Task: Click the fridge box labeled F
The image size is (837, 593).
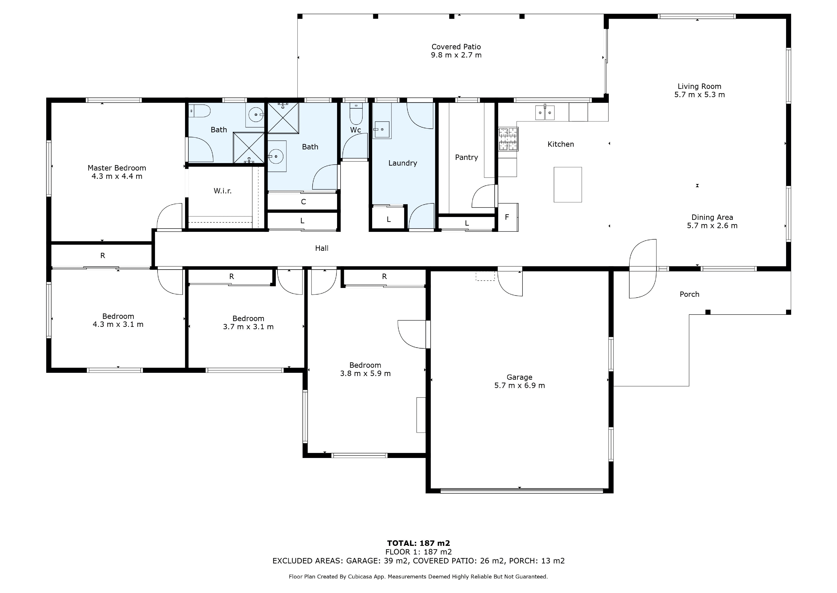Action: pos(507,217)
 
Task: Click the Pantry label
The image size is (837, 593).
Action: pos(467,157)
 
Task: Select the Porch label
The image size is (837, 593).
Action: pos(689,294)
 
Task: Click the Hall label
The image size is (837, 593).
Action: pos(322,248)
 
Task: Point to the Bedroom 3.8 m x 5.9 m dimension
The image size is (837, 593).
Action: pos(365,373)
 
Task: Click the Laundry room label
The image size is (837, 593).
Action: pos(403,163)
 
